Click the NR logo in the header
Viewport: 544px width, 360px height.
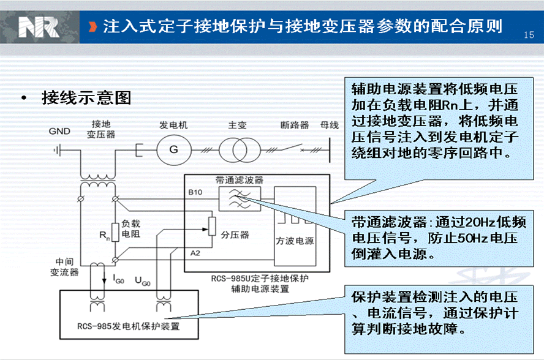coord(38,27)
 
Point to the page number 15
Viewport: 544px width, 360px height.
coord(529,35)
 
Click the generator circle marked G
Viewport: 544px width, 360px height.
coord(174,150)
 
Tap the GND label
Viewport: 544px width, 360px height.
coord(59,131)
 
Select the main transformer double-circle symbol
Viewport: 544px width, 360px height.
coord(240,150)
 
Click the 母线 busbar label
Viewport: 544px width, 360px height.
coord(329,125)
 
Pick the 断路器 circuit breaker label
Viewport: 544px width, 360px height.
coord(295,125)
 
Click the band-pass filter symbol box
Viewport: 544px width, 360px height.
coord(240,199)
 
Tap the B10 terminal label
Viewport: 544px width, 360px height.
coord(195,192)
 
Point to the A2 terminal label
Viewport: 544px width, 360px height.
coord(195,253)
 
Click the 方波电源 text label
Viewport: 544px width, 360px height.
coord(295,241)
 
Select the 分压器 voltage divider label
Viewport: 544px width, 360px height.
coord(235,235)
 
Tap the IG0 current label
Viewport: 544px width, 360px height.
coord(118,279)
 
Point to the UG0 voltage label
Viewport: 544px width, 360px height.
coord(142,280)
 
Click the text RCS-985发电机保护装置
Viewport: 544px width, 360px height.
coord(129,326)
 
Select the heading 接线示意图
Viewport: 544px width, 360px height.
coord(86,98)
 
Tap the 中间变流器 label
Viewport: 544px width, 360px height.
coord(64,267)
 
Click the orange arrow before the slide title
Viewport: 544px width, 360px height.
coord(93,27)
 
